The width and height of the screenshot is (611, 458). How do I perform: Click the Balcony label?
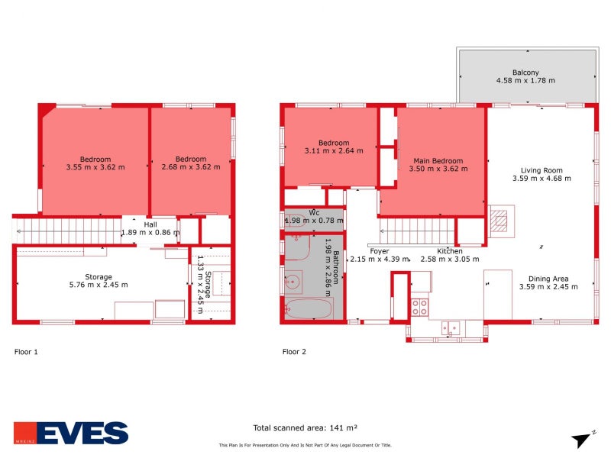pyautogui.click(x=526, y=71)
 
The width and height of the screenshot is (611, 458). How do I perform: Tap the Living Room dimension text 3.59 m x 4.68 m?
pyautogui.click(x=541, y=179)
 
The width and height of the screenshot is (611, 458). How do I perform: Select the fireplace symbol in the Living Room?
pyautogui.click(x=499, y=221)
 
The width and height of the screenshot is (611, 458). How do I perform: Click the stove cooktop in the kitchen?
pyautogui.click(x=420, y=307)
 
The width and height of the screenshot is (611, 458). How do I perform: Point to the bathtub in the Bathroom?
pyautogui.click(x=309, y=310)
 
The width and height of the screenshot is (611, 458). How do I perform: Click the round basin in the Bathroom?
pyautogui.click(x=292, y=283)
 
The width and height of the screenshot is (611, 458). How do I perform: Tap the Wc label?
pyautogui.click(x=314, y=212)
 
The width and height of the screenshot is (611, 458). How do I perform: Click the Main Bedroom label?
pyautogui.click(x=438, y=161)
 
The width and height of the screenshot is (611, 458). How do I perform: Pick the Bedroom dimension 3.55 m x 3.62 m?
pyautogui.click(x=95, y=167)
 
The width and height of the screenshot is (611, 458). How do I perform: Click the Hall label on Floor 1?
pyautogui.click(x=150, y=224)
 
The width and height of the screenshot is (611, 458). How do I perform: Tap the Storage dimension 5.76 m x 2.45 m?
pyautogui.click(x=99, y=285)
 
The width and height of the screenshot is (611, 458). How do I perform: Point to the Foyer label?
pyautogui.click(x=380, y=251)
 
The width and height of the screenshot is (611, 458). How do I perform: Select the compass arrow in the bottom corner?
pyautogui.click(x=582, y=438)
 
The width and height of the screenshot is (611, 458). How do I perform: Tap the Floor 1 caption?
pyautogui.click(x=26, y=352)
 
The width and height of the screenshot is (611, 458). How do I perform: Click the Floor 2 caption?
pyautogui.click(x=294, y=352)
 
